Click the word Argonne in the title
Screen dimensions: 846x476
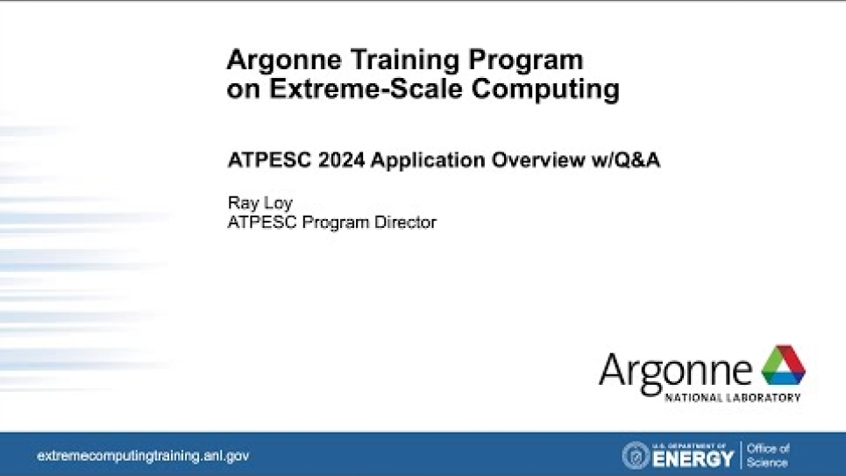[x=284, y=60]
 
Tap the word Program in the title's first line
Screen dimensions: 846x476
[x=526, y=60]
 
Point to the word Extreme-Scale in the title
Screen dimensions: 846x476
[x=366, y=89]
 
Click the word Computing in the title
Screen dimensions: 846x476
[x=545, y=89]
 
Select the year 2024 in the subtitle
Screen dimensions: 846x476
[x=342, y=160]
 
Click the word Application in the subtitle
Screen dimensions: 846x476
[x=428, y=160]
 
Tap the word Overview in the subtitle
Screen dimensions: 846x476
[x=538, y=160]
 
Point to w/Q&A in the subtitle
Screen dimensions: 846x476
[x=625, y=160]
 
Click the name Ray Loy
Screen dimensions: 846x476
[x=260, y=203]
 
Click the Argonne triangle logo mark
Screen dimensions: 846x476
[x=784, y=366]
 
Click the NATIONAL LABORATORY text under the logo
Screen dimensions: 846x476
[x=733, y=398]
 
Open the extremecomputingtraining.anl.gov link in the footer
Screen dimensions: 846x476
[x=143, y=456]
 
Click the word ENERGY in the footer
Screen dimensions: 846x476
[x=693, y=458]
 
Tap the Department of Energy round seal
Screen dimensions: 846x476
[x=636, y=455]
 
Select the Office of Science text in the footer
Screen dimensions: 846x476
[x=768, y=456]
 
